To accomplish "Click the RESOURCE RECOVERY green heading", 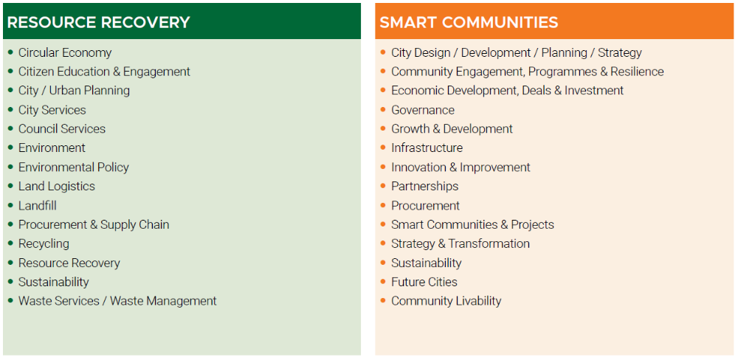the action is tap(98, 22).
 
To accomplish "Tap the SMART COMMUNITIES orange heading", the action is tap(469, 22).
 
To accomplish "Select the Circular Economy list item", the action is tap(65, 52).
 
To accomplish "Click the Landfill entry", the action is tap(38, 206).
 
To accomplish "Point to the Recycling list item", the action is tap(44, 243).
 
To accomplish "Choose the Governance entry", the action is tap(423, 110).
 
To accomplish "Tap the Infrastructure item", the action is tap(427, 148).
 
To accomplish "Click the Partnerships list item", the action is tap(424, 187).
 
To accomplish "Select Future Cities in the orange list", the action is tap(424, 282).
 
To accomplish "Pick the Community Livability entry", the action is tap(446, 301).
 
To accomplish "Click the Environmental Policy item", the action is tap(73, 167).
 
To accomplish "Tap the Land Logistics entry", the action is tap(57, 187).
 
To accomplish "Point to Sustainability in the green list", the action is tap(54, 282).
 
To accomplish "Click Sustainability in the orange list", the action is tap(427, 263).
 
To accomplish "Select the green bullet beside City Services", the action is tap(11, 110).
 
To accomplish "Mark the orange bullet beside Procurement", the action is tap(383, 206).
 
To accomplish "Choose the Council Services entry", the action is tap(62, 129).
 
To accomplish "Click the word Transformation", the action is tap(489, 243).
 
